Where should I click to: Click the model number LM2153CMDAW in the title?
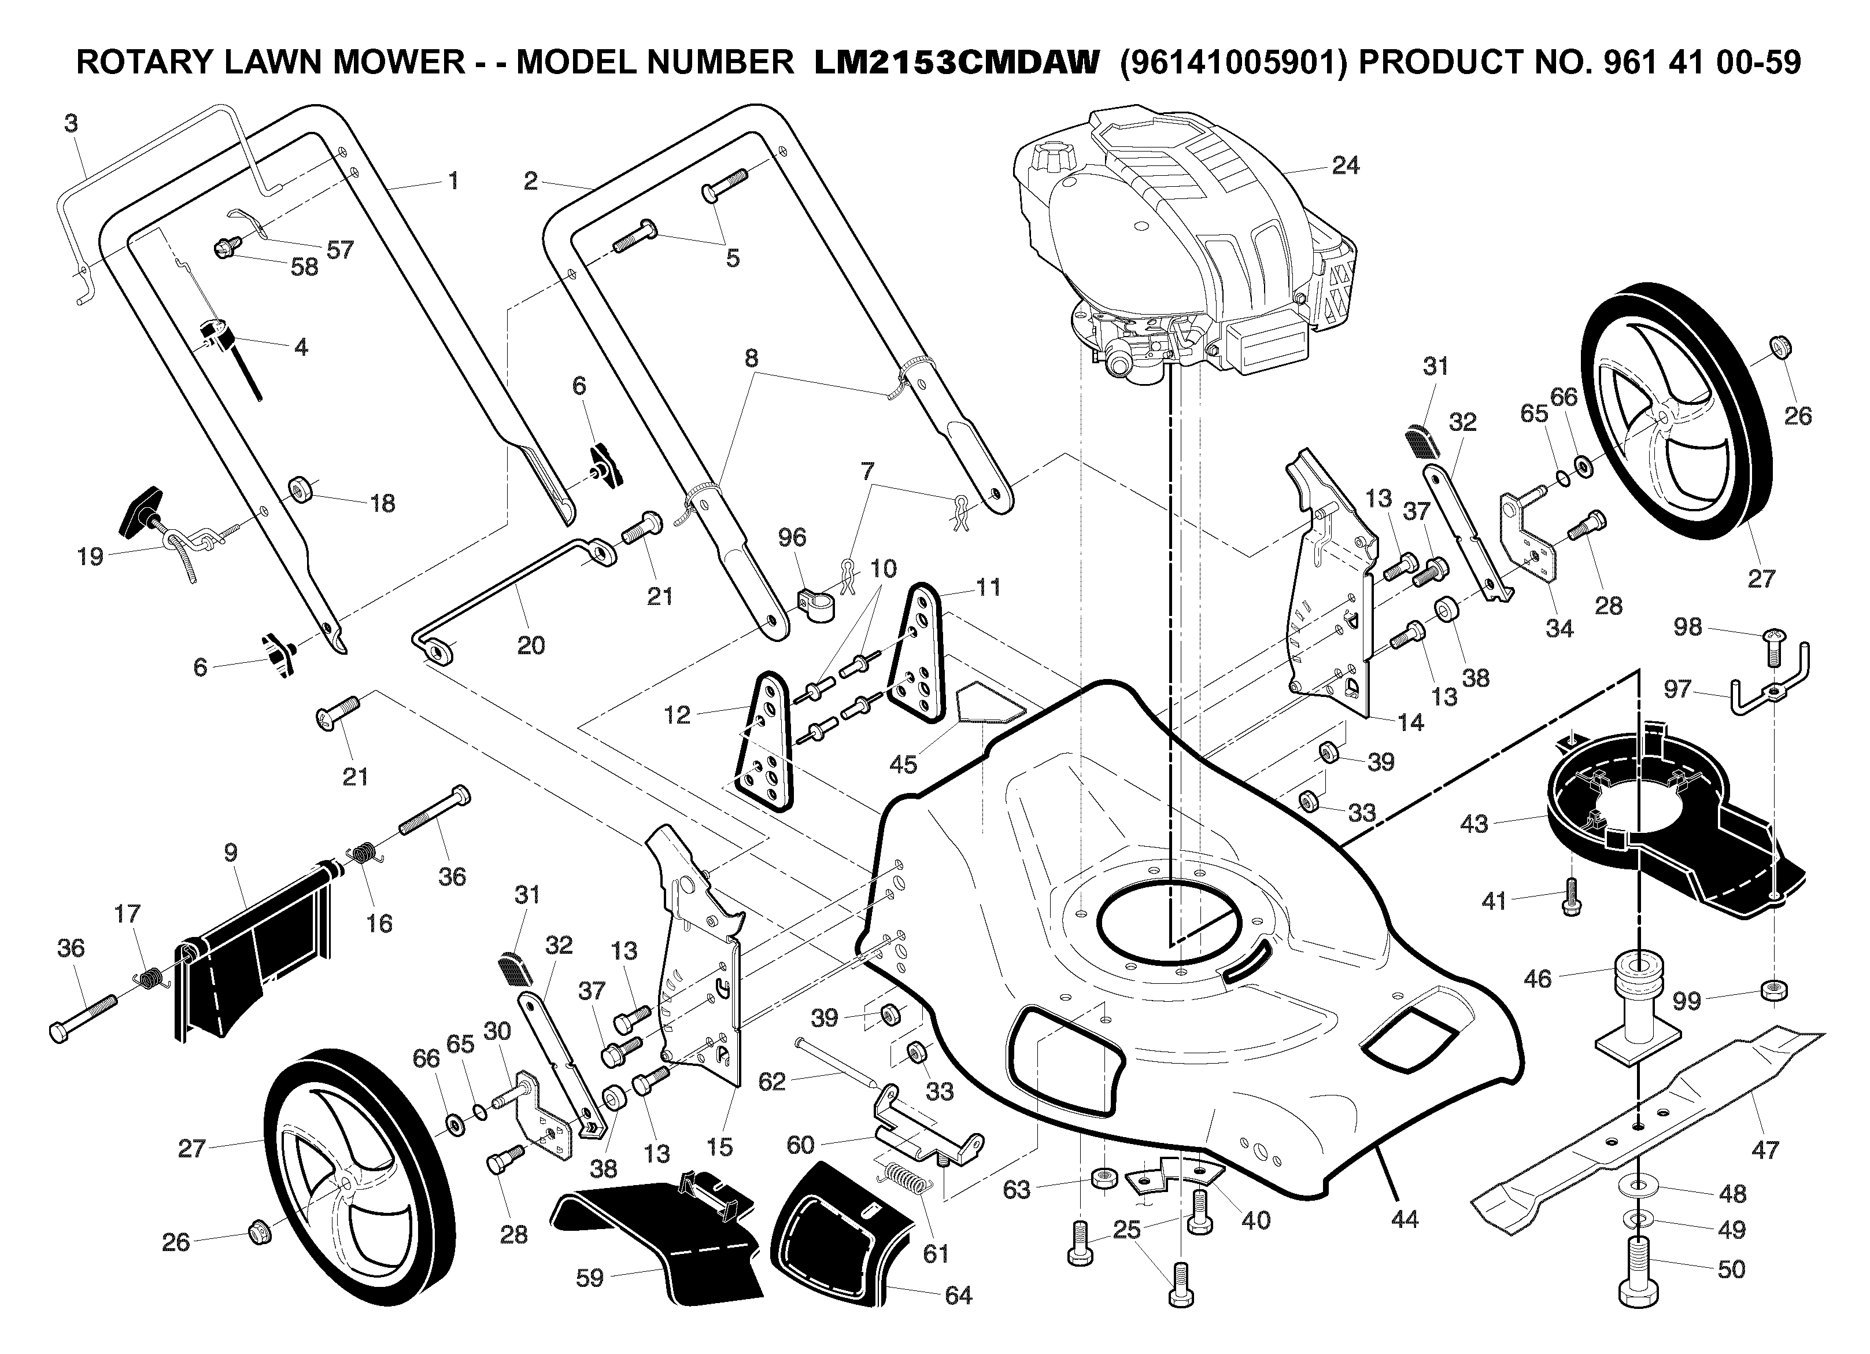point(956,62)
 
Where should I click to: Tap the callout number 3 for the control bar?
point(71,124)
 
